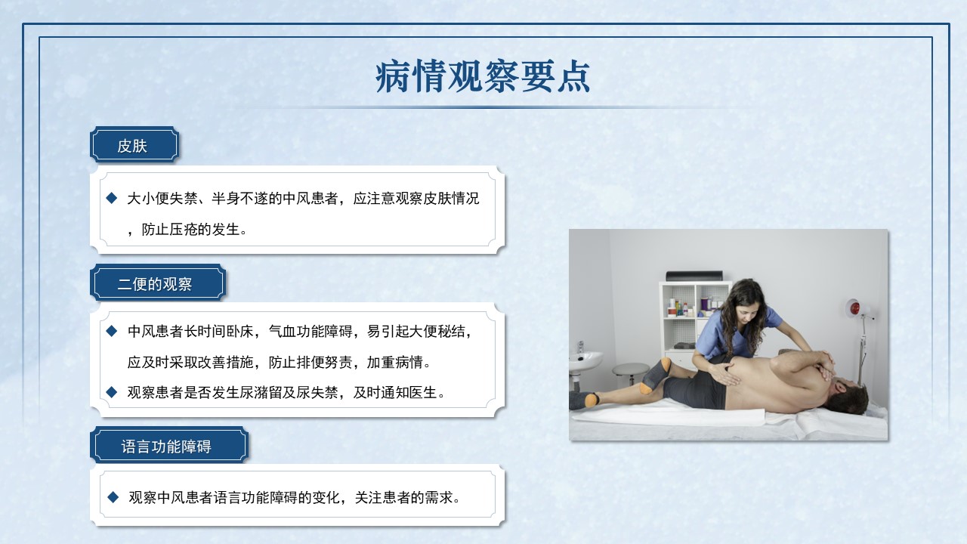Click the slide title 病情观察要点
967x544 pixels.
[x=483, y=77]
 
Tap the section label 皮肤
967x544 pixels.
[x=132, y=146]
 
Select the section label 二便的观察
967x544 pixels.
[x=155, y=284]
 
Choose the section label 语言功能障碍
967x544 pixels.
[x=166, y=447]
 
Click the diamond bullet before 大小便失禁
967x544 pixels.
[x=112, y=198]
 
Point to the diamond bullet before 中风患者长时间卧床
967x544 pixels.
[x=112, y=331]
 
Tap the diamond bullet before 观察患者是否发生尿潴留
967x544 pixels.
[x=112, y=392]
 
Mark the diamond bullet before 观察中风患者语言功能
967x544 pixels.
[x=113, y=497]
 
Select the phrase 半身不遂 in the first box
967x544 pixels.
[x=239, y=198]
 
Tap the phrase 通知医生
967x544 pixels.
[x=409, y=392]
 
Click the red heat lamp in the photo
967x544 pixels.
[x=854, y=308]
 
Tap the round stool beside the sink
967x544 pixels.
[x=630, y=370]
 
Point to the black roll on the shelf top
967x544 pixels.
[x=694, y=276]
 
